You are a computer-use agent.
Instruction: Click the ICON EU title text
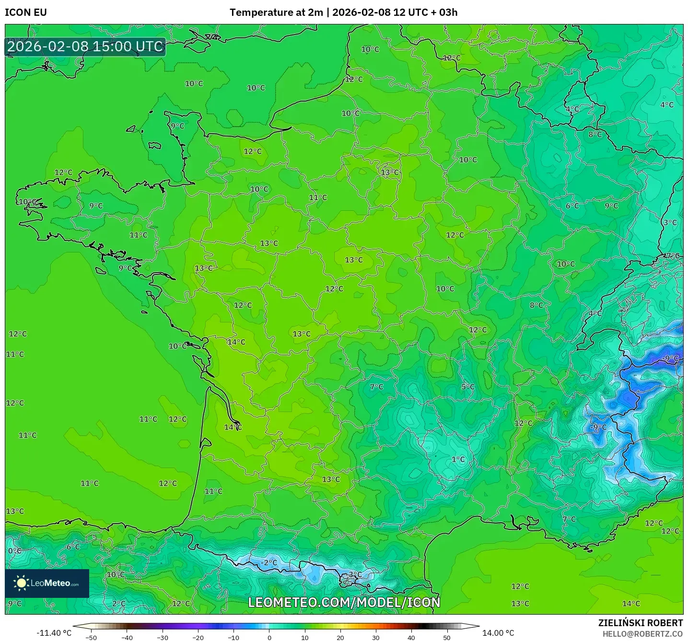[x=26, y=12]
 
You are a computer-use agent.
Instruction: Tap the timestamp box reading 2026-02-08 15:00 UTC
[x=85, y=47]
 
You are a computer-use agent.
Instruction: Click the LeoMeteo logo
[x=47, y=583]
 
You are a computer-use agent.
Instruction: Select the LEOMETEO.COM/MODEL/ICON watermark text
[x=344, y=602]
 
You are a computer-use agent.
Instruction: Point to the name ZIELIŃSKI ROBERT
[x=640, y=623]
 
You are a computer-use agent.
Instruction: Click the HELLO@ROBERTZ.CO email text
[x=642, y=633]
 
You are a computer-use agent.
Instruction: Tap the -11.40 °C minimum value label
[x=54, y=633]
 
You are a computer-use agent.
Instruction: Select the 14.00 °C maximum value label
[x=498, y=633]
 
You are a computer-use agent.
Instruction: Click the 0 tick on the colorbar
[x=269, y=637]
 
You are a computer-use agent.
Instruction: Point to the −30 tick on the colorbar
[x=163, y=637]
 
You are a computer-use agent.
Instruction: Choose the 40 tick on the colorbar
[x=411, y=637]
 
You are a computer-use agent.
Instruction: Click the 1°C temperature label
[x=458, y=459]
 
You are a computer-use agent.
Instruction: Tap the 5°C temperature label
[x=468, y=387]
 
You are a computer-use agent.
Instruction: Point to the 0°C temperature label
[x=14, y=550]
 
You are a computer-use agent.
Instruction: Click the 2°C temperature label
[x=119, y=604]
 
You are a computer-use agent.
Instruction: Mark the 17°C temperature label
[x=671, y=256]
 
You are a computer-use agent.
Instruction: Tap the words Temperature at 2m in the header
[x=276, y=12]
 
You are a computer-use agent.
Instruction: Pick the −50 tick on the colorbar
[x=91, y=637]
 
